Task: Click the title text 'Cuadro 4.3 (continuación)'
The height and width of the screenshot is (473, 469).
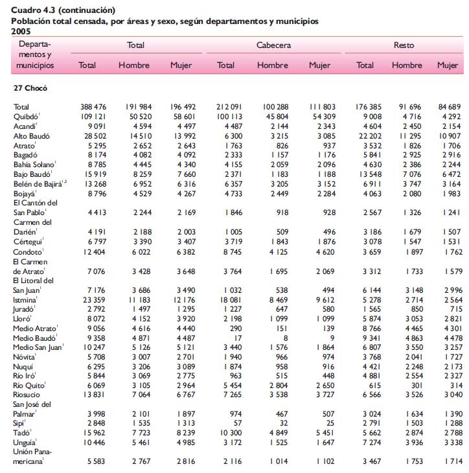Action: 63,10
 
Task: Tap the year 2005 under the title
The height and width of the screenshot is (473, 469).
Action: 21,31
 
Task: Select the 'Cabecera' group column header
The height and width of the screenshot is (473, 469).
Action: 273,45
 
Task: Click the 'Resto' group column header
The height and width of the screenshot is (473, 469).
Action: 404,45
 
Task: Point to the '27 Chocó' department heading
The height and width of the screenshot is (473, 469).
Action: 30,88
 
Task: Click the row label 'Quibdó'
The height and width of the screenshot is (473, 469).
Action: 26,117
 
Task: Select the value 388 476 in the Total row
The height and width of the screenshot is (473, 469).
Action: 93,107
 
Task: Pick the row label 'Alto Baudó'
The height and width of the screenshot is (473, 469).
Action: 31,136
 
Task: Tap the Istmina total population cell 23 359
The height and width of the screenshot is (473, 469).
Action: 94,300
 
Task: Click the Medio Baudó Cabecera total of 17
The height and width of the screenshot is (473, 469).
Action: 238,338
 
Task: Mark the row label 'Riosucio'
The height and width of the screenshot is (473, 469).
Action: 27,395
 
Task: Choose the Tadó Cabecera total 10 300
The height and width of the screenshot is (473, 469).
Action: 231,433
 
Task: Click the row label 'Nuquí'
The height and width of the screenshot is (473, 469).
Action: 23,367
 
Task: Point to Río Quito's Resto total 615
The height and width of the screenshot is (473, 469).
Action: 374,386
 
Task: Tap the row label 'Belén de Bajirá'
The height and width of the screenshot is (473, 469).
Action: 38,184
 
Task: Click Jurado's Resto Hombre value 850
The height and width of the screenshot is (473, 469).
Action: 417,309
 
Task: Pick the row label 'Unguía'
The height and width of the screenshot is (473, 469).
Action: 24,443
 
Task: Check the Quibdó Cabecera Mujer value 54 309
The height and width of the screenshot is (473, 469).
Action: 324,117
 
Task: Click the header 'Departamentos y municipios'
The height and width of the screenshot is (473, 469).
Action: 35,54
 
